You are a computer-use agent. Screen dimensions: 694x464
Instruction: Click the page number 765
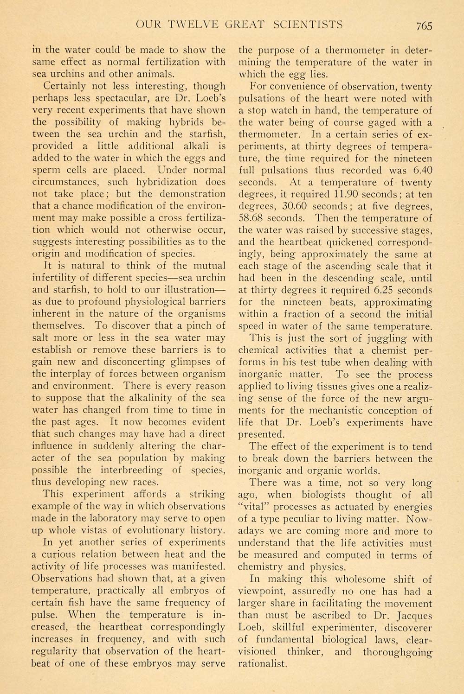[x=424, y=25]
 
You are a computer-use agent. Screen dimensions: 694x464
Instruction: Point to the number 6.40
[x=420, y=170]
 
